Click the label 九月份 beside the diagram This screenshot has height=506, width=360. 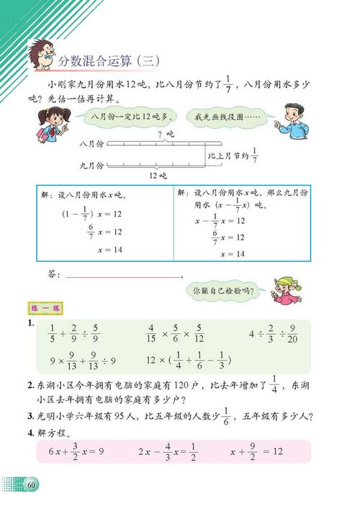[92, 166]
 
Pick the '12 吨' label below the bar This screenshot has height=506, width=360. [156, 176]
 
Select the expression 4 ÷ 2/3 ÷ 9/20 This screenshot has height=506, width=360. [266, 335]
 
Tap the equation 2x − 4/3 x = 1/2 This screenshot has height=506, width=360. [171, 451]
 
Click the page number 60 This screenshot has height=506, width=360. [31, 484]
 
